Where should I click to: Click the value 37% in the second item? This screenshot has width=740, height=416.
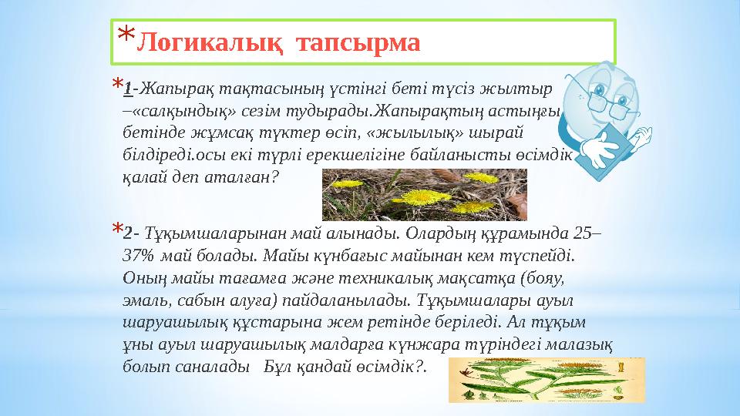(140, 254)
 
